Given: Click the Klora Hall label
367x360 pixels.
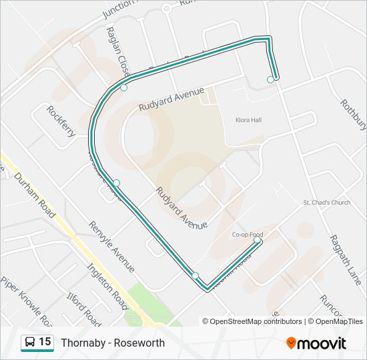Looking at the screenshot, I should [x=248, y=120].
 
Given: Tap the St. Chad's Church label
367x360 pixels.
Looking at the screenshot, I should [x=326, y=203].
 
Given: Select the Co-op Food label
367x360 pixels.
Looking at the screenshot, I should [x=248, y=235].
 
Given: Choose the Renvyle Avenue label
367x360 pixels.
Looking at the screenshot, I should [x=112, y=247].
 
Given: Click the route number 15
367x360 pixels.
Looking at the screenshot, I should [x=45, y=342].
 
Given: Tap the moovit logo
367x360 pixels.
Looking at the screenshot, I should [x=316, y=343].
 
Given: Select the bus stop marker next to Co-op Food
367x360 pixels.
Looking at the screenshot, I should [x=257, y=240].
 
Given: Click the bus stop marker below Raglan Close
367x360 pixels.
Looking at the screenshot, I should [x=123, y=87].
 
